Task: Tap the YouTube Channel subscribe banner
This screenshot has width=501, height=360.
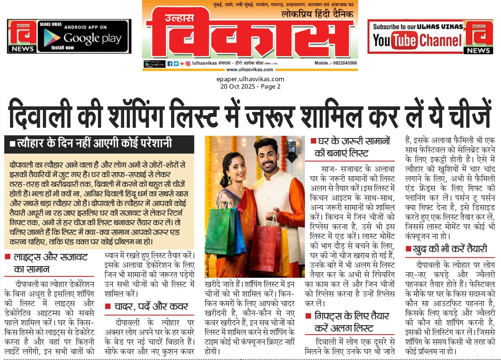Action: click(x=417, y=37)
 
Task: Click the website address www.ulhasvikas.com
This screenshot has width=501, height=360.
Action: click(x=249, y=69)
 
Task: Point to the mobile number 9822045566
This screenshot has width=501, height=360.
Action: click(x=335, y=63)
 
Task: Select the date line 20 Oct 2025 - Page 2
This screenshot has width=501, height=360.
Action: click(x=250, y=86)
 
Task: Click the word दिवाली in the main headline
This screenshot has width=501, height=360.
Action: click(x=41, y=113)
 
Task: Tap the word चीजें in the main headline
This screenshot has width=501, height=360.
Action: click(x=470, y=113)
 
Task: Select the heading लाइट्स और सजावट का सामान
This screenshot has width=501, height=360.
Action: click(x=50, y=263)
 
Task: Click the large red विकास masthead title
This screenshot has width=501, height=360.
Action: click(x=250, y=35)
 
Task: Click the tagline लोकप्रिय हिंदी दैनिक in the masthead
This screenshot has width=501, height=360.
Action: click(x=317, y=14)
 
